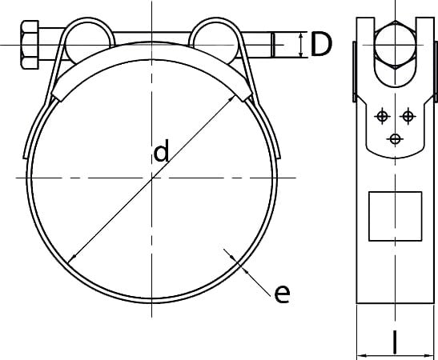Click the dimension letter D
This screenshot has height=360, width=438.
click(x=321, y=44)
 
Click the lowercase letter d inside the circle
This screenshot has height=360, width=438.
click(x=162, y=150)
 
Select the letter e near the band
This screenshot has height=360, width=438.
click(x=282, y=294)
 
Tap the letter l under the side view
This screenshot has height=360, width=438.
click(x=395, y=342)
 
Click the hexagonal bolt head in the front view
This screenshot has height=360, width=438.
click(x=30, y=44)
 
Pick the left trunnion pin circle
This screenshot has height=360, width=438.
click(x=87, y=42)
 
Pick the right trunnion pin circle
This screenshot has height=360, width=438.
click(x=215, y=42)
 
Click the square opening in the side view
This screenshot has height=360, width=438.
click(x=396, y=216)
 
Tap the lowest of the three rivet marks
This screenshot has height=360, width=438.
click(x=395, y=138)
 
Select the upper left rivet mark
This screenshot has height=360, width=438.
click(x=382, y=116)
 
